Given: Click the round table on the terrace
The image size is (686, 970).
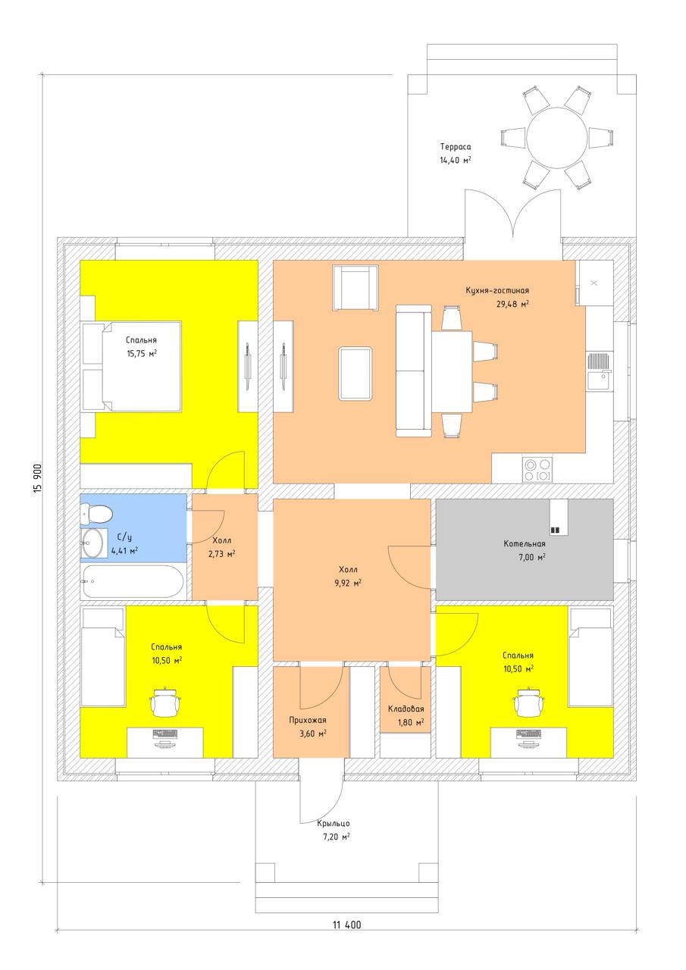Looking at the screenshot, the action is click(x=556, y=137).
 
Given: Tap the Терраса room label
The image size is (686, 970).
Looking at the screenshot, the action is click(x=456, y=147).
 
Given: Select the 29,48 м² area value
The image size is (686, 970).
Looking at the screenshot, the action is click(x=512, y=304).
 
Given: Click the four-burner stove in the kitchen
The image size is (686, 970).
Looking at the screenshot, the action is click(x=537, y=469).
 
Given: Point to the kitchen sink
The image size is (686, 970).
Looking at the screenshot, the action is click(x=599, y=372).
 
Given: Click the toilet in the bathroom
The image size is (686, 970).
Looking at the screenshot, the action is click(x=96, y=515).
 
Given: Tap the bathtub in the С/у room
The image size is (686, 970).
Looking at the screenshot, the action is click(x=133, y=581).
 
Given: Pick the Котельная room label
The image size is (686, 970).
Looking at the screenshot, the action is click(x=524, y=543).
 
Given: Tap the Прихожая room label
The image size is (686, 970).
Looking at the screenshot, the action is click(x=308, y=720).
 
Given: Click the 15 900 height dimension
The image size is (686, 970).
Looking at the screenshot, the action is click(x=37, y=478).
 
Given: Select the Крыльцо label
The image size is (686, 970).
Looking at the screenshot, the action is click(x=333, y=823).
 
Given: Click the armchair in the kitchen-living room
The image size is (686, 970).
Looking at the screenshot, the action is click(x=355, y=287).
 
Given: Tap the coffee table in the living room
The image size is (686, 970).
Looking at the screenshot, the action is click(x=356, y=374).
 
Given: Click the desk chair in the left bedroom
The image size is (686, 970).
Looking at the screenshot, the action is click(x=165, y=702).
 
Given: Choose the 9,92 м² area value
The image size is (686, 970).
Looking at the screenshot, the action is click(x=348, y=584).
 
